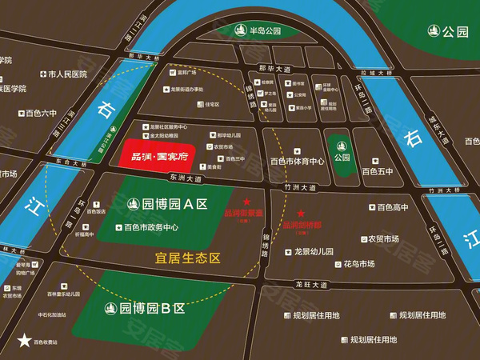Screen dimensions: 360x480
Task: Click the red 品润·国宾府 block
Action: [155, 153]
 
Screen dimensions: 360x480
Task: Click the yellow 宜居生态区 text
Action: [187, 258]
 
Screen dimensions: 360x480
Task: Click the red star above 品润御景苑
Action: [247, 202]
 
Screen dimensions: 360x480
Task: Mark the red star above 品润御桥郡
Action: [301, 214]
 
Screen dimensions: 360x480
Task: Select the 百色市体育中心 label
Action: [297, 161]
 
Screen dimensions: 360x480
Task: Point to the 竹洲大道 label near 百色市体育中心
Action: [298, 186]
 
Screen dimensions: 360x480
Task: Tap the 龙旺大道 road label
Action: [311, 284]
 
